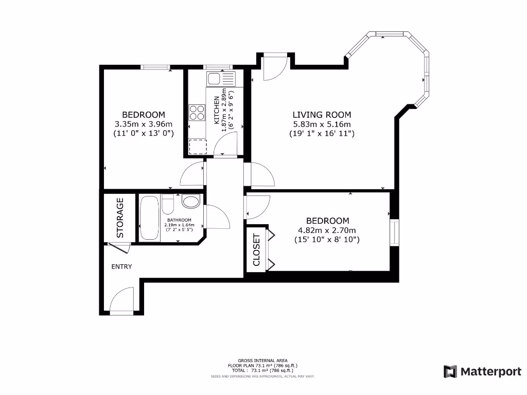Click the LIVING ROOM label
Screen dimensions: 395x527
(x=322, y=115)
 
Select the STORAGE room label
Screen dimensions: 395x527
(x=120, y=218)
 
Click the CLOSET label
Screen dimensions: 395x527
(x=257, y=250)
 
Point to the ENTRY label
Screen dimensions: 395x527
(x=121, y=266)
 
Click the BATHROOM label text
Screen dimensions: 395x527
(x=179, y=220)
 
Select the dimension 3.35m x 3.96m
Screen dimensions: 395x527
(x=143, y=124)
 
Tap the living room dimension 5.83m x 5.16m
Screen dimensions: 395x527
(x=322, y=124)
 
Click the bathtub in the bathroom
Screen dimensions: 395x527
(x=150, y=218)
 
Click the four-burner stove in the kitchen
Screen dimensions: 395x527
(x=197, y=112)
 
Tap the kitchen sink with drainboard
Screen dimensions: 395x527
(x=220, y=79)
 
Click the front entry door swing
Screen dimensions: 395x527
(x=122, y=301)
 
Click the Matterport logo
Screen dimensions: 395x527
(x=482, y=371)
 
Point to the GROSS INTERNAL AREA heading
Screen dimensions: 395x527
(x=262, y=361)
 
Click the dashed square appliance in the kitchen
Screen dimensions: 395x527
(x=197, y=147)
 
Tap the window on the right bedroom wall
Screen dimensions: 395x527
(x=394, y=233)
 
